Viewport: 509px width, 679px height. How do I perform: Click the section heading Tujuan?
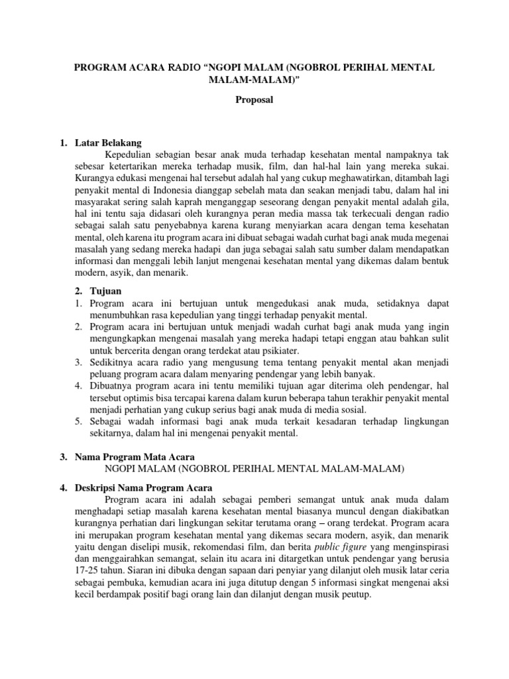(105, 291)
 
